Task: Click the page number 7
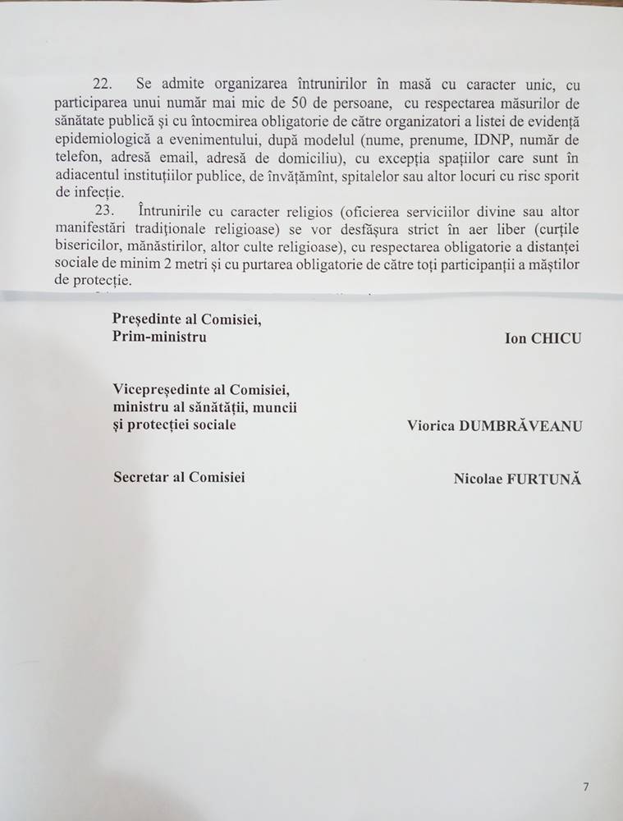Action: (585, 787)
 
